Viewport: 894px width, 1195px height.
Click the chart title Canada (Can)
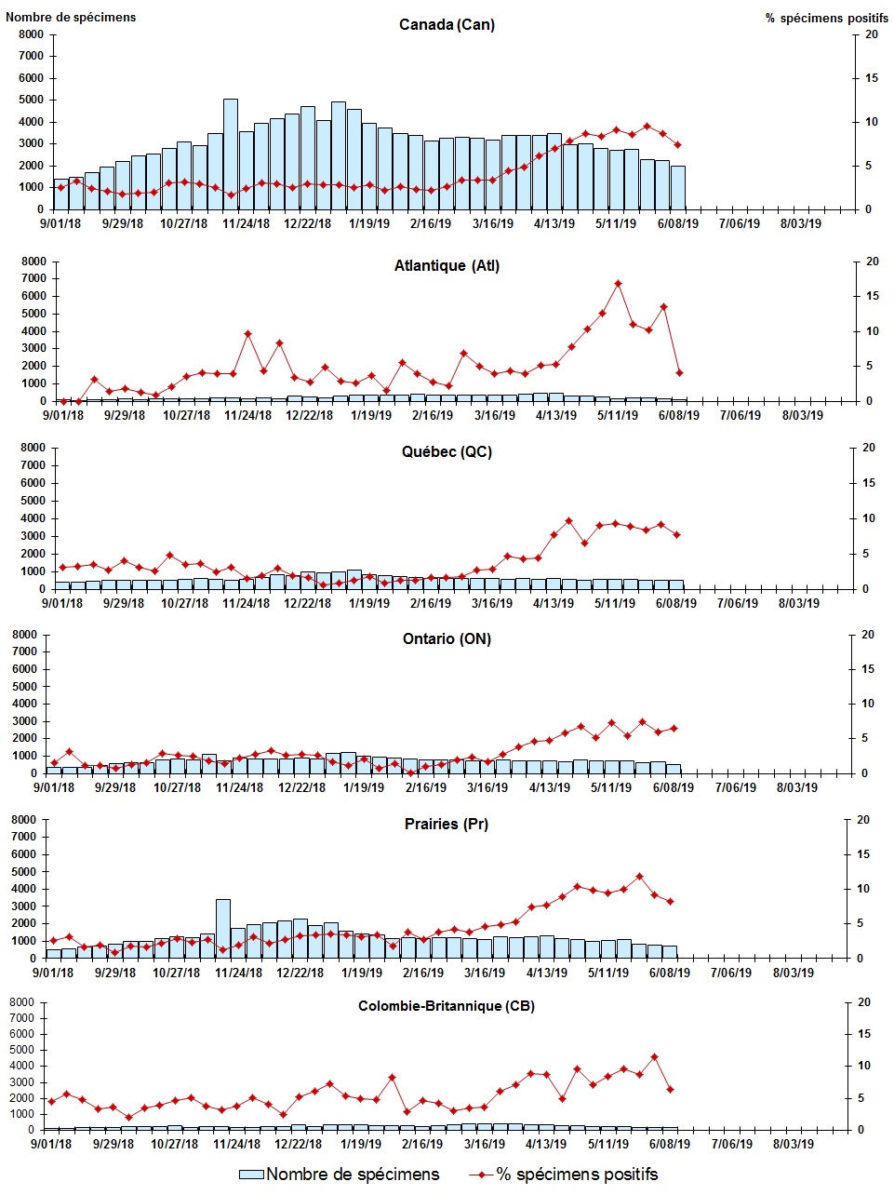point(447,24)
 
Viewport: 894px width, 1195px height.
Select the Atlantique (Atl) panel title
point(447,266)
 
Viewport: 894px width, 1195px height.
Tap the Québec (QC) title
point(447,452)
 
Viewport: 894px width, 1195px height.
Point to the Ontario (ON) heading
point(447,638)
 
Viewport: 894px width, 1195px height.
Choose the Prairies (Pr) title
point(447,824)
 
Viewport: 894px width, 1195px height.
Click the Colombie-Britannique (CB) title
point(447,1006)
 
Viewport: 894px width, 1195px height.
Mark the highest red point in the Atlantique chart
point(618,284)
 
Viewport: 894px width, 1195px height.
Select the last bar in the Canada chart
point(678,187)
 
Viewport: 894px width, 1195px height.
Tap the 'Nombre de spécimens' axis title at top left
point(71,17)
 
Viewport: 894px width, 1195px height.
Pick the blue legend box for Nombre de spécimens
point(251,1175)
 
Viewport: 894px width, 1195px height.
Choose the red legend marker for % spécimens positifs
point(481,1175)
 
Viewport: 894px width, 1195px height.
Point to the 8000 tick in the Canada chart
point(31,34)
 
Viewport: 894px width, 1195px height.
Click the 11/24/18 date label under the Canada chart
point(247,223)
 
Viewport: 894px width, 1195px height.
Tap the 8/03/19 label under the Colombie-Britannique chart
point(794,1144)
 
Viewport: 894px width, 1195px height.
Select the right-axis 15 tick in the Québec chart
point(869,483)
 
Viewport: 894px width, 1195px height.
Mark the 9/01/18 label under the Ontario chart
point(54,787)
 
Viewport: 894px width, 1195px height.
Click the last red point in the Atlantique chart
point(680,373)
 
